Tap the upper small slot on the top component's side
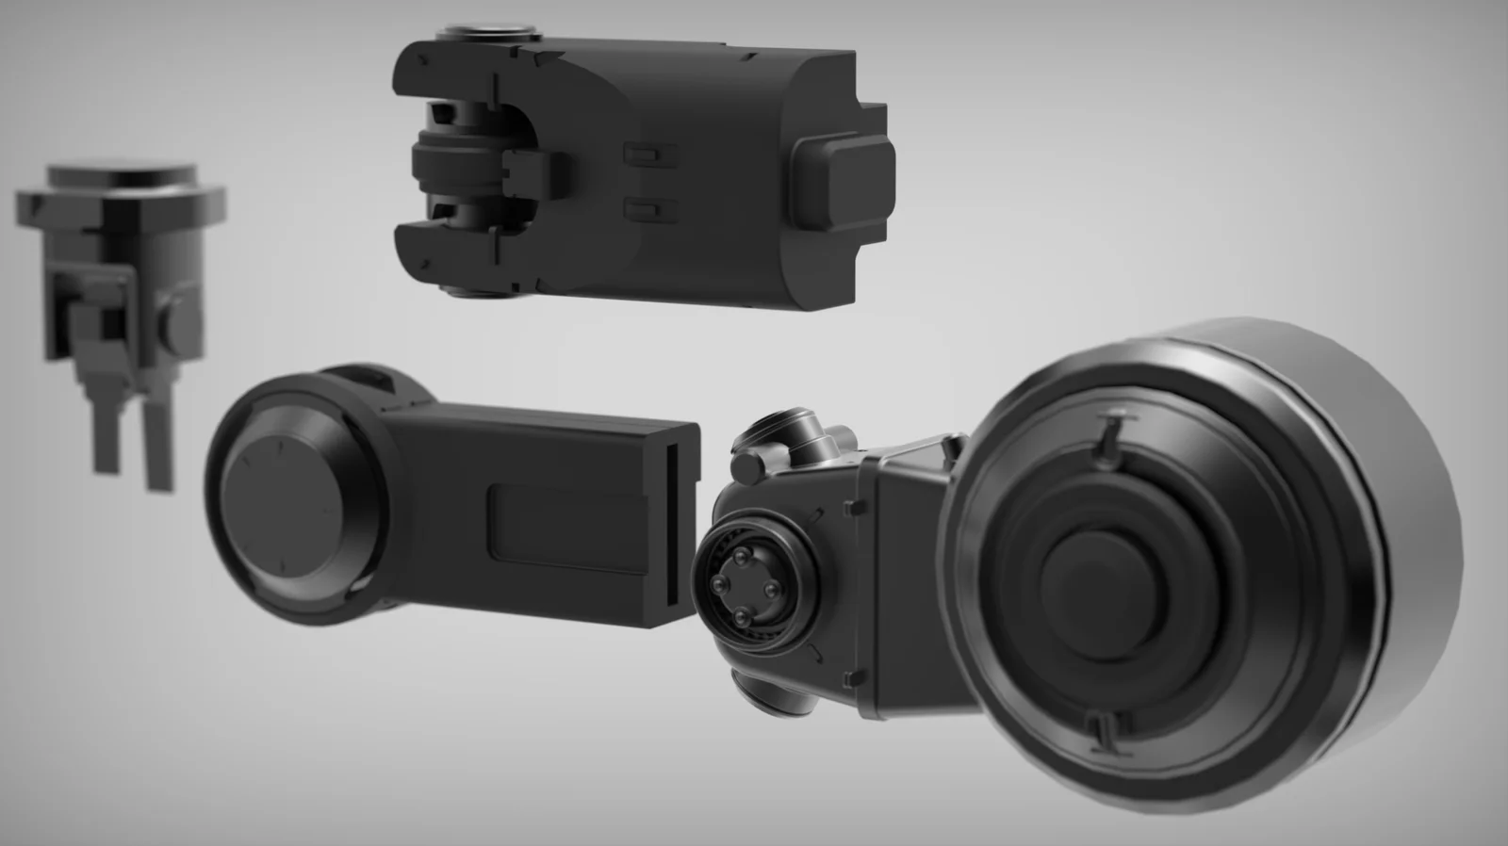650,151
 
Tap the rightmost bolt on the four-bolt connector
771,590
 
